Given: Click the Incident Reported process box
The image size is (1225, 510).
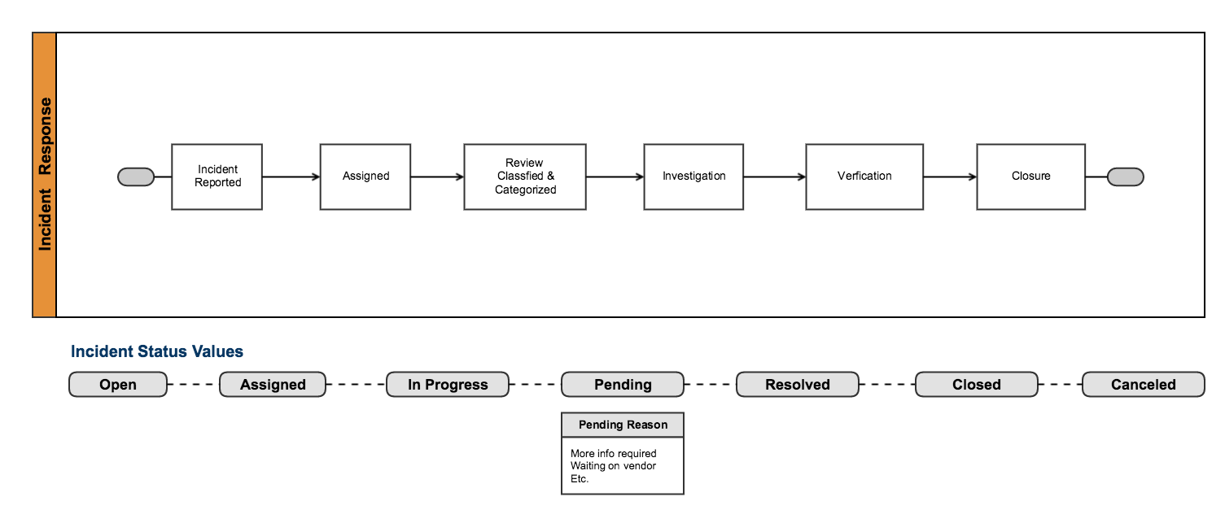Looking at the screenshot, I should point(217,177).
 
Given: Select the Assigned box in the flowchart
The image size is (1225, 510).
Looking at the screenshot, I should point(365,177).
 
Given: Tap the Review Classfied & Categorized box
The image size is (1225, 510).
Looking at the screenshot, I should point(525,177).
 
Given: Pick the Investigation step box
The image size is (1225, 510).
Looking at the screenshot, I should point(693,177).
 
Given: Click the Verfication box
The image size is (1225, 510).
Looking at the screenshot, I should point(864,177).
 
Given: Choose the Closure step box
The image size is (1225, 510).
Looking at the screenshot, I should point(1030,177).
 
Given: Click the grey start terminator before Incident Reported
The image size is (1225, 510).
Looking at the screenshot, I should point(136,177).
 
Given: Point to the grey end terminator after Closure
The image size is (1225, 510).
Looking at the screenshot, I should point(1126,177).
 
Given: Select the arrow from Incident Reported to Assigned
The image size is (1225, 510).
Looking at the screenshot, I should point(291,177).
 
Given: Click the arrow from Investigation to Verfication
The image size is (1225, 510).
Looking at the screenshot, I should point(774,177).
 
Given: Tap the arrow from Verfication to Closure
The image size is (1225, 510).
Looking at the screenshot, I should point(950,177).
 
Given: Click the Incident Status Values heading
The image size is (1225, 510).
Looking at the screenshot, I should point(157,351).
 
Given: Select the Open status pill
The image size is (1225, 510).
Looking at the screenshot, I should point(118,385).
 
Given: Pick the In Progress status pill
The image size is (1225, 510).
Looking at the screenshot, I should point(448,385).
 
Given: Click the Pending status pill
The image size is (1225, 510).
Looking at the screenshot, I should point(623,385).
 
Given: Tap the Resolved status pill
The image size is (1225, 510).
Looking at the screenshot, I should point(798,385).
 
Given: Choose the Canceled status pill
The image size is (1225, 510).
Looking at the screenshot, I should point(1143,385).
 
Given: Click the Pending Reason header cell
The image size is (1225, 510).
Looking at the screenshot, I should point(623,425).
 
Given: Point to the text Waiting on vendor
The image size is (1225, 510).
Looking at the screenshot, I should point(613,466).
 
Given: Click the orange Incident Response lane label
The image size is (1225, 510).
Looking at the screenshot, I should point(45,175).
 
